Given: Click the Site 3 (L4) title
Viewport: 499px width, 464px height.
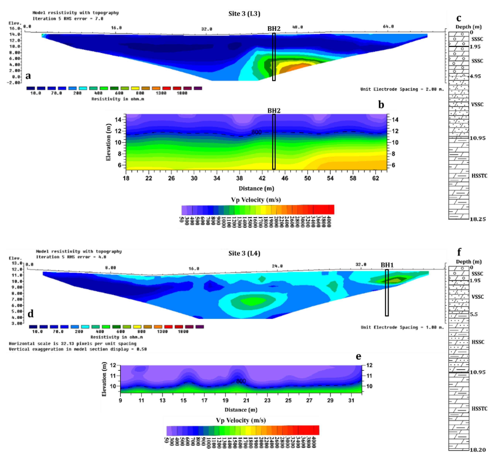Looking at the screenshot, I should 244,253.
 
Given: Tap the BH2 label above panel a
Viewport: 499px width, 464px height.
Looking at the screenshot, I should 274,29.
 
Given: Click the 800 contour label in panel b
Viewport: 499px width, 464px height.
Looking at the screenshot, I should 256,132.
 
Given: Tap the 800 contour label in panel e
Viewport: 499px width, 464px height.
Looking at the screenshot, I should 241,381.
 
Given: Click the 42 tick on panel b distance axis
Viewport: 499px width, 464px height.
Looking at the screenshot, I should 262,178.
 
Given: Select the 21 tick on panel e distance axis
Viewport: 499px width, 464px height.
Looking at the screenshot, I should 246,400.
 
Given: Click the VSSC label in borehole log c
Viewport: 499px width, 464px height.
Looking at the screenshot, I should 477,104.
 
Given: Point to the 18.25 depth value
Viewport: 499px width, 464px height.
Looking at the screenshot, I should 477,219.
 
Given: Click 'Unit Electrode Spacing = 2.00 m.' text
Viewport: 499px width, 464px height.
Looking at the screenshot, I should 402,89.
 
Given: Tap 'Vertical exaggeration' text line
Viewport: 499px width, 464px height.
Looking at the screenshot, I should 78,349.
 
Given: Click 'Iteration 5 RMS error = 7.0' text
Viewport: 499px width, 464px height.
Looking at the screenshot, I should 68,19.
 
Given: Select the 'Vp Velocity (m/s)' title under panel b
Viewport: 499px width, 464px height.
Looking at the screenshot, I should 256,200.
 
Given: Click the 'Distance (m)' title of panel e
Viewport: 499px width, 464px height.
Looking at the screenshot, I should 241,410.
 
